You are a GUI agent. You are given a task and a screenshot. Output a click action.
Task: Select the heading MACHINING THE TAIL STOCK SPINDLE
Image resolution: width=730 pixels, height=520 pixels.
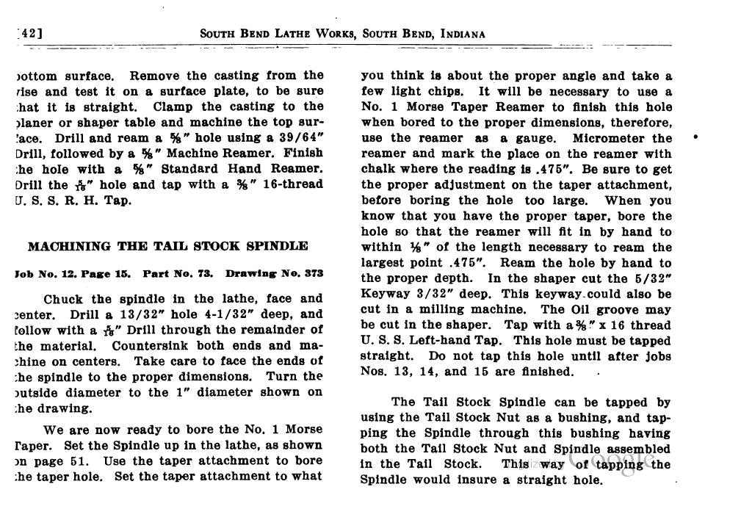point(167,246)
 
